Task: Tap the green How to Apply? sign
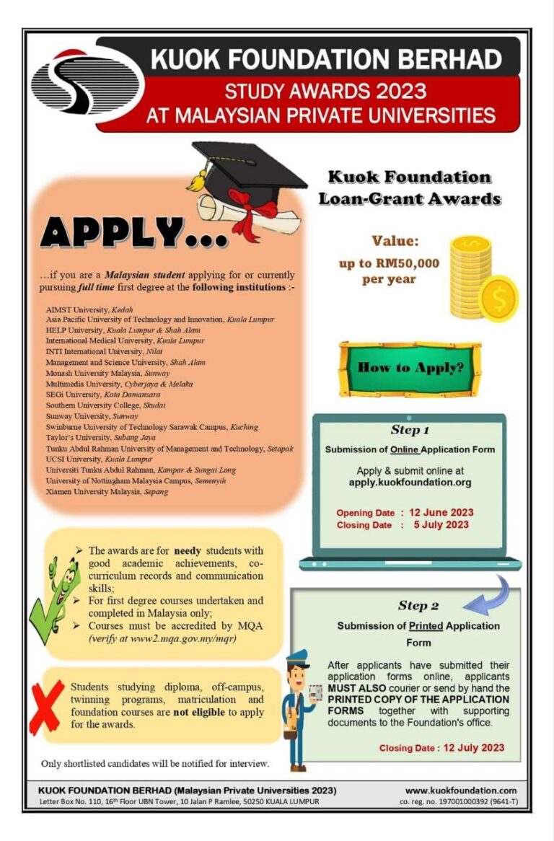click(x=410, y=368)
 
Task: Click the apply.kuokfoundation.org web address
click(x=409, y=482)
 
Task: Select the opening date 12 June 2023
click(x=441, y=513)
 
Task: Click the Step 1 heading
click(x=410, y=431)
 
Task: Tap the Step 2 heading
click(x=418, y=606)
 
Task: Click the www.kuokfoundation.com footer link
click(x=461, y=791)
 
